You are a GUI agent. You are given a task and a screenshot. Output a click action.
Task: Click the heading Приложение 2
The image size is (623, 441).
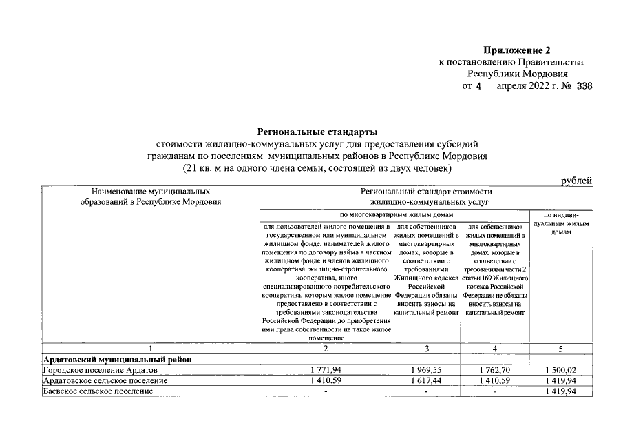(x=517, y=50)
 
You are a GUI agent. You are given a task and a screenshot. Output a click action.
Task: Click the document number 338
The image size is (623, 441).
(x=584, y=86)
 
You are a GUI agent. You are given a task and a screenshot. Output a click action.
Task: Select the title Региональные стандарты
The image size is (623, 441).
(x=317, y=132)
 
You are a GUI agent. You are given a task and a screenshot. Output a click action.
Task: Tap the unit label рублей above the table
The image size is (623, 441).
(x=576, y=181)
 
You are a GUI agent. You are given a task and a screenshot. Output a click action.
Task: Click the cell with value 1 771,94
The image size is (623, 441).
(x=326, y=371)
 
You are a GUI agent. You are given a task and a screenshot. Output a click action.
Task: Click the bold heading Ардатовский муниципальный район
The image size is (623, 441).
(x=116, y=360)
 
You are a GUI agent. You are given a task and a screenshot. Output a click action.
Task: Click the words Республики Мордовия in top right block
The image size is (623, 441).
(x=517, y=74)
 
